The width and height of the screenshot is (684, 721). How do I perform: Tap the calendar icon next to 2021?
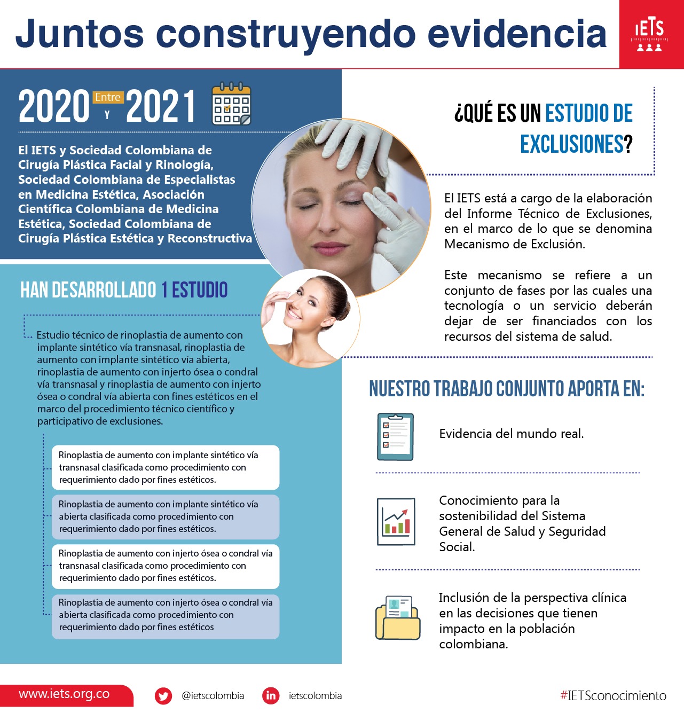pyautogui.click(x=231, y=104)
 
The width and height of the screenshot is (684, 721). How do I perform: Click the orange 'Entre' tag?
pyautogui.click(x=108, y=97)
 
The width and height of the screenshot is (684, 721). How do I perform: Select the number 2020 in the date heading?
pyautogui.click(x=54, y=107)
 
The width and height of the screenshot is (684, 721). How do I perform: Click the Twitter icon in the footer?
pyautogui.click(x=163, y=696)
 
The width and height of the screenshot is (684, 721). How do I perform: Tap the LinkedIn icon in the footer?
pyautogui.click(x=271, y=695)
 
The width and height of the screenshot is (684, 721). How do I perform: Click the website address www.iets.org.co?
pyautogui.click(x=64, y=694)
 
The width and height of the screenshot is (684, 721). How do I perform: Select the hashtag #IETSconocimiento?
pyautogui.click(x=613, y=695)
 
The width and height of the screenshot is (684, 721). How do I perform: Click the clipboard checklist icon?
pyautogui.click(x=395, y=436)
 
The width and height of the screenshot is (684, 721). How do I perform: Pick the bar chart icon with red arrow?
pyautogui.click(x=396, y=522)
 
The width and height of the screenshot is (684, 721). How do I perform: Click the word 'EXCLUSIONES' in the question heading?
pyautogui.click(x=572, y=144)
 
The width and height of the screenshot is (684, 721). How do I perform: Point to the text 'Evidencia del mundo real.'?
pyautogui.click(x=512, y=434)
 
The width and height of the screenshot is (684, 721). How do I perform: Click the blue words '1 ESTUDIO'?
pyautogui.click(x=194, y=290)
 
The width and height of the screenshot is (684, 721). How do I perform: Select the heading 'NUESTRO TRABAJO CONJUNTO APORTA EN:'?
pyautogui.click(x=507, y=389)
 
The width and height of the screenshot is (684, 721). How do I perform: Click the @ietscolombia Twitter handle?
pyautogui.click(x=213, y=696)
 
